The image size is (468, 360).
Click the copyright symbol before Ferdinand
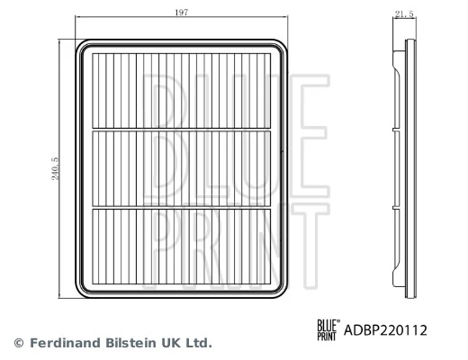pos(18,343)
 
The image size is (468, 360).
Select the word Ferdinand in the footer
pos(60,343)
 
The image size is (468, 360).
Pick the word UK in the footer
pos(168,343)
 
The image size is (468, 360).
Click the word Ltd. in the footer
pos(197,343)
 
